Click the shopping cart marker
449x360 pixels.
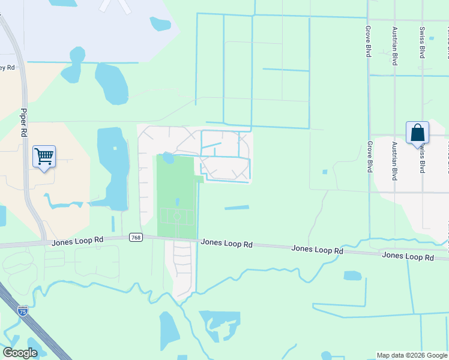(44, 157)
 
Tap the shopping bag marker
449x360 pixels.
(417, 133)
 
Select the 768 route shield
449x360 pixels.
(136, 238)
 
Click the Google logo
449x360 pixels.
(20, 353)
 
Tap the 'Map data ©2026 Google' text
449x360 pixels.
(412, 355)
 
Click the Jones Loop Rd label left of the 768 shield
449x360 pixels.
(77, 241)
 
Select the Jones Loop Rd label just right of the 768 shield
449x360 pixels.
(226, 244)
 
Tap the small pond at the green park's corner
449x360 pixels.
(168, 158)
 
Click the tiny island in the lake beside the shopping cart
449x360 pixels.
(115, 148)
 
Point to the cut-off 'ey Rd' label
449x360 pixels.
(7, 67)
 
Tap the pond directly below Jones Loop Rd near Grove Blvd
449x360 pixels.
(352, 275)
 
